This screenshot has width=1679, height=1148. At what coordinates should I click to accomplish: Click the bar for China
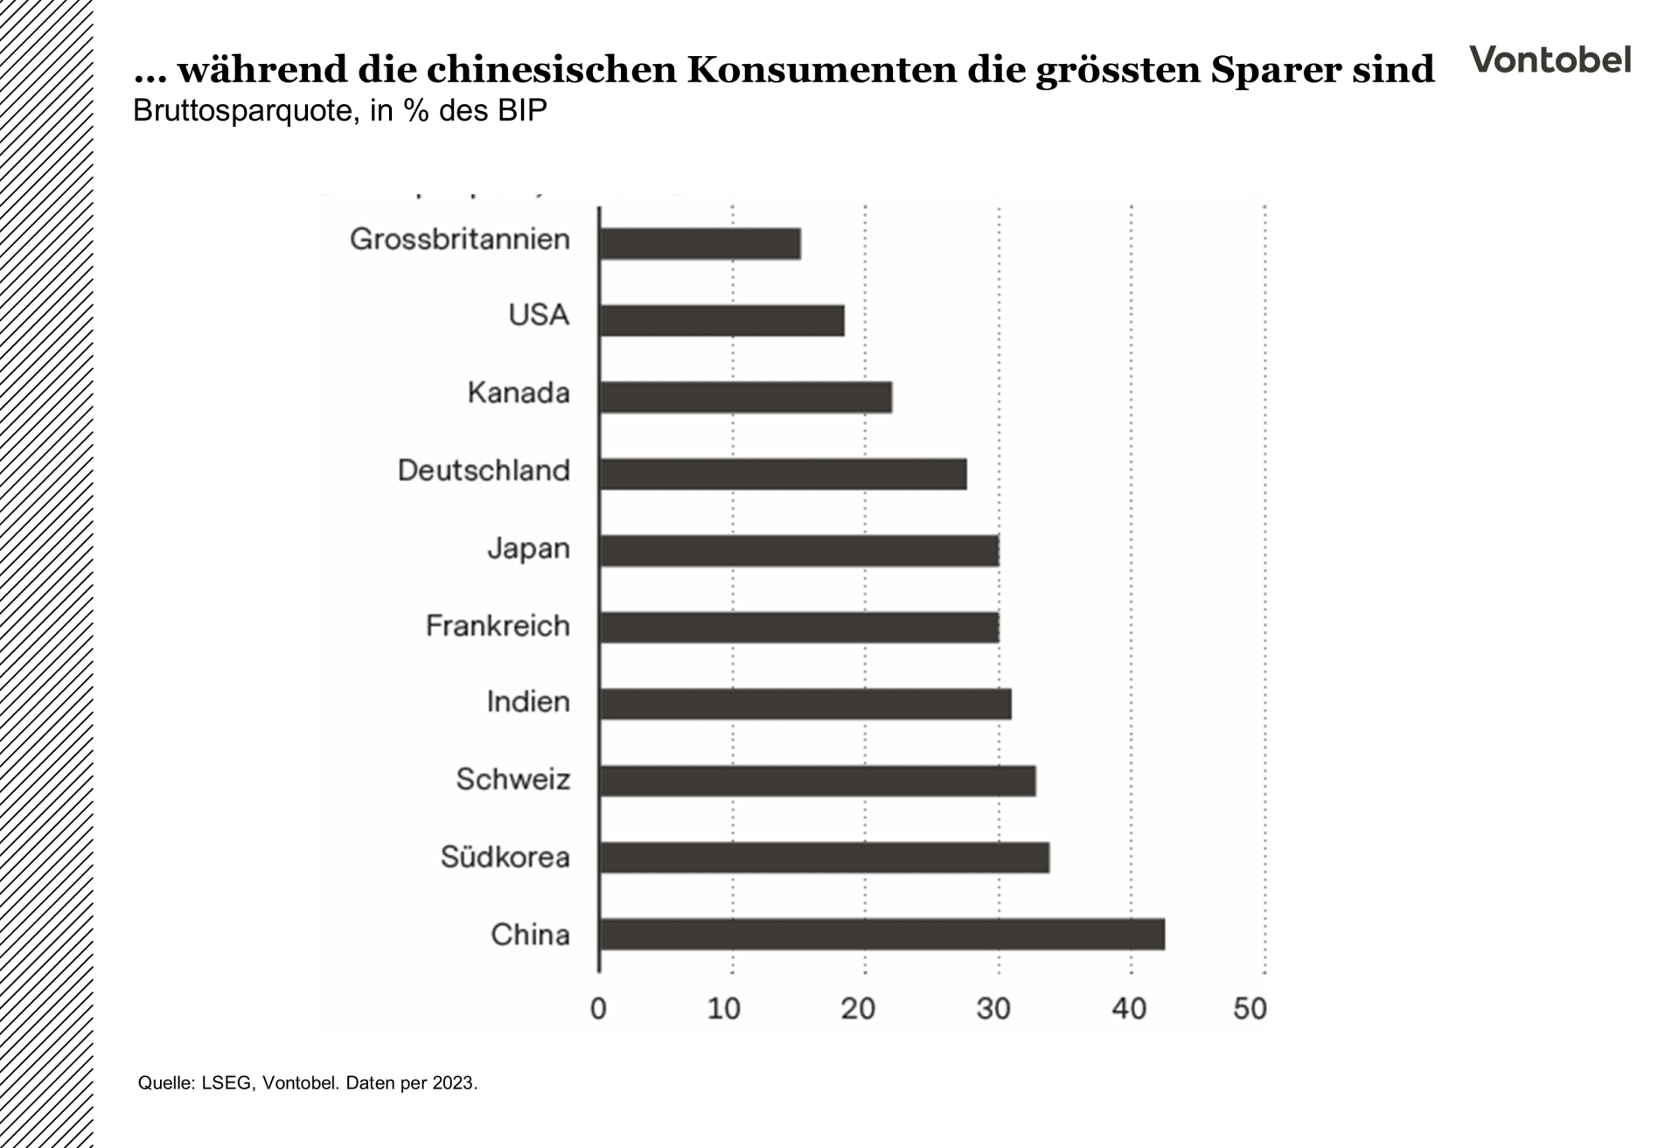click(x=881, y=935)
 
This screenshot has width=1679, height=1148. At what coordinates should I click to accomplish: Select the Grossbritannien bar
click(x=700, y=244)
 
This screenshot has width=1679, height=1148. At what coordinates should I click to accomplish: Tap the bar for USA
click(x=721, y=321)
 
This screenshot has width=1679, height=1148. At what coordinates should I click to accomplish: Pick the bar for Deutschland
click(x=783, y=474)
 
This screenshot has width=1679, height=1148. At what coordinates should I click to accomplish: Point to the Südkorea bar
click(x=824, y=858)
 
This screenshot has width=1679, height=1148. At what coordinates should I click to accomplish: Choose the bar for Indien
click(x=805, y=704)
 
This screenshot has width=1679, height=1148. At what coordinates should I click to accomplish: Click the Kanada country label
click(x=519, y=393)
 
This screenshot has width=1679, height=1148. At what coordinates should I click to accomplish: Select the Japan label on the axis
click(x=528, y=548)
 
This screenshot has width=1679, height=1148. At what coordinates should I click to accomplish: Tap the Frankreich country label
click(x=498, y=626)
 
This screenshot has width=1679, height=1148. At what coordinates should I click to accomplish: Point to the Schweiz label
click(x=512, y=779)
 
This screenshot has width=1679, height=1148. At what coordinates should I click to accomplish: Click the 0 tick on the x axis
click(x=598, y=1009)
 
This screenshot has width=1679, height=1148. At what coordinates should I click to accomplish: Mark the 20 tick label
click(x=858, y=1009)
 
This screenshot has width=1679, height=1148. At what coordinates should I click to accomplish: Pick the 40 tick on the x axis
click(x=1128, y=1009)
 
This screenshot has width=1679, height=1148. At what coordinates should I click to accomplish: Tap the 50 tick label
click(x=1250, y=1009)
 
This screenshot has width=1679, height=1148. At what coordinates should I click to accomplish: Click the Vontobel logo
click(x=1550, y=59)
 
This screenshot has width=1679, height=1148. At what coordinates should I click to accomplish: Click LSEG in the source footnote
click(x=226, y=1083)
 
